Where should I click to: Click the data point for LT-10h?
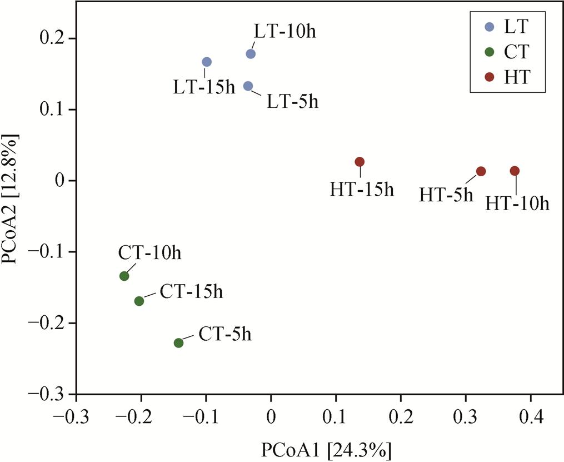click(251, 54)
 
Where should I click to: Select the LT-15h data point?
click(207, 62)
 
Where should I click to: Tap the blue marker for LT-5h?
click(248, 86)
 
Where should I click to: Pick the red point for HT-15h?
click(360, 162)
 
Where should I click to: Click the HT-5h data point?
click(481, 171)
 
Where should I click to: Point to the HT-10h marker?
click(515, 171)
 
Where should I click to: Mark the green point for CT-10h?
click(124, 276)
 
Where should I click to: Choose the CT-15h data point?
click(139, 301)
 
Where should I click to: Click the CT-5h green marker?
click(178, 343)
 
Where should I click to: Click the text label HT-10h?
click(517, 204)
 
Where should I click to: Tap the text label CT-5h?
click(225, 335)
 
